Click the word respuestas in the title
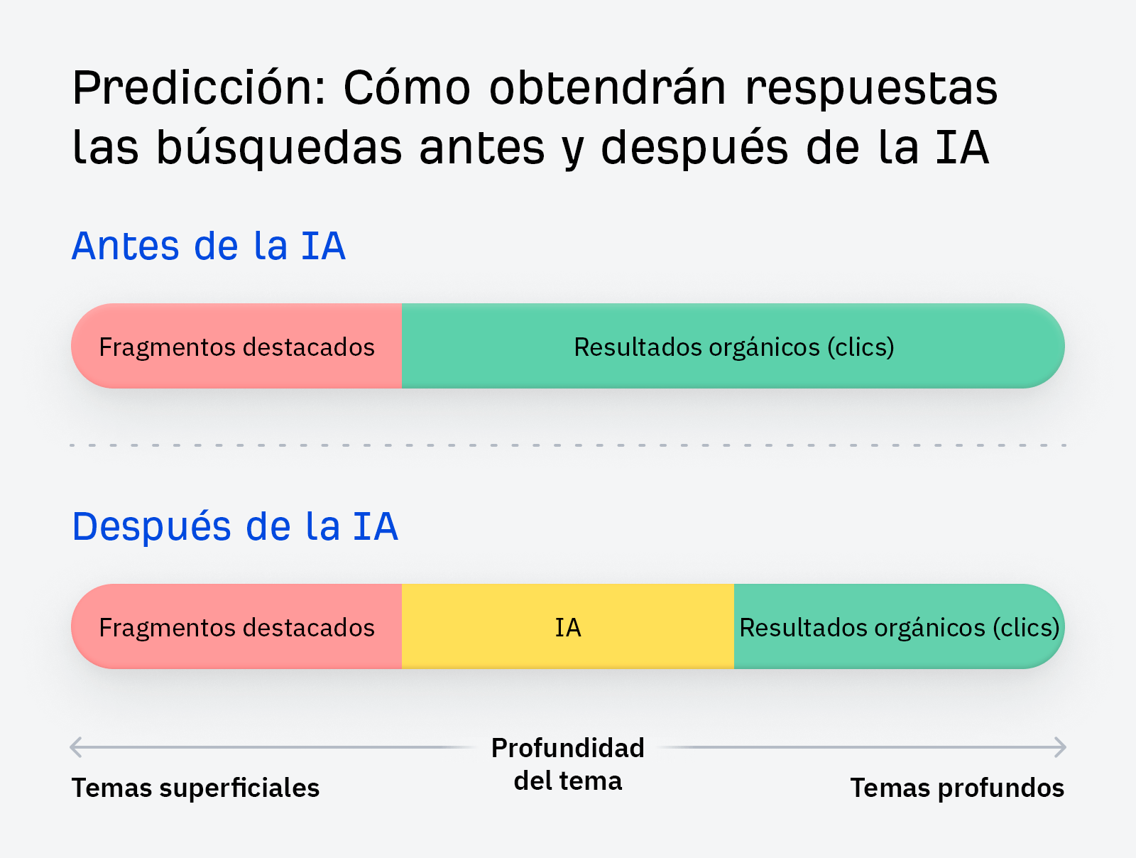coord(871,88)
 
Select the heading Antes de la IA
coord(209,246)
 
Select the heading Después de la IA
coord(235,527)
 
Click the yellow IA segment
coord(568,626)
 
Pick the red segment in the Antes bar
coord(236,347)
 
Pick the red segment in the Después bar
coord(236,626)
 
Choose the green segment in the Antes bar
coord(733,347)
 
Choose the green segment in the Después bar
coord(899,626)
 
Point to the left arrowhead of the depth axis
coord(75,747)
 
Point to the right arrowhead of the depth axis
coord(1061,747)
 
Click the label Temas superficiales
coord(195,788)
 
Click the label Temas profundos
coord(957,788)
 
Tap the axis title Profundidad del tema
coord(568,764)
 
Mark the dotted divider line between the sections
coord(568,445)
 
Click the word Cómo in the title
coord(407,88)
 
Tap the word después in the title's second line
coord(694,148)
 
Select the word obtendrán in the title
coord(608,88)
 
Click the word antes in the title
coord(482,148)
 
